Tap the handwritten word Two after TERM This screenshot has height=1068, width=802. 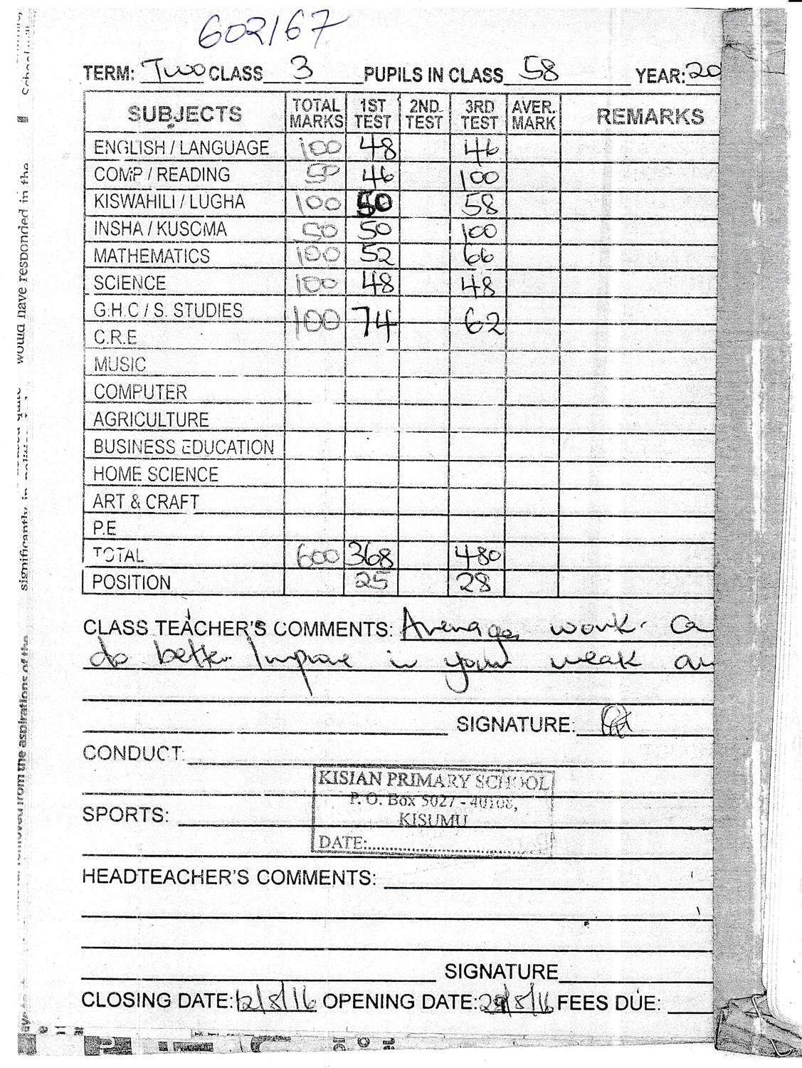[x=174, y=70]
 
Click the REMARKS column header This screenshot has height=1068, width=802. [x=650, y=116]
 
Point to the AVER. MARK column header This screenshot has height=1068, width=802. [x=533, y=115]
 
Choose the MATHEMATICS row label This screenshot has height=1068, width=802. [x=152, y=256]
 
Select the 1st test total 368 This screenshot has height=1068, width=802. [x=371, y=555]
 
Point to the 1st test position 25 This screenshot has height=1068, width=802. [x=371, y=582]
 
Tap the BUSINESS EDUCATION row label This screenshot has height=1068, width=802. [x=184, y=447]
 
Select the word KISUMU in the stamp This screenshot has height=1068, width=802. [x=433, y=820]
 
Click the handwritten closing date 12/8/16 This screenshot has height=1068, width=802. [x=275, y=1001]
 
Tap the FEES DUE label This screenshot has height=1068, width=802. [x=609, y=1004]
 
